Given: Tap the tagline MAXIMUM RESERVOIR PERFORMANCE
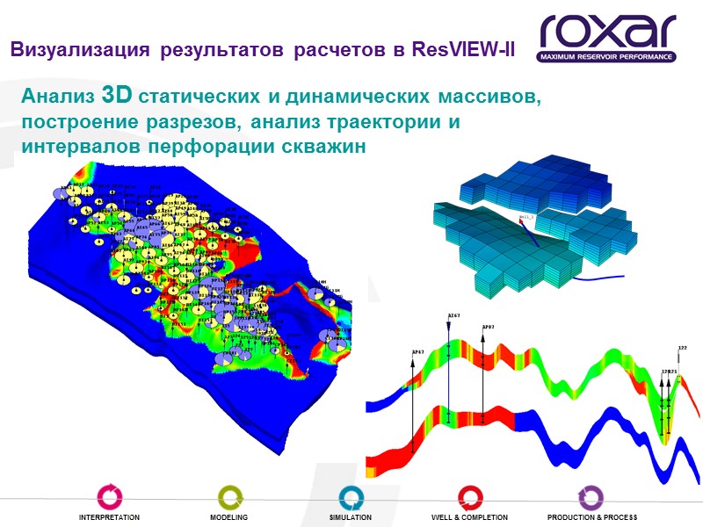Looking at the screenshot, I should point(607,57).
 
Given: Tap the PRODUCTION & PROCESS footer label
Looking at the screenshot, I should point(591,518).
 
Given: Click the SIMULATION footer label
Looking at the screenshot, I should point(350,518).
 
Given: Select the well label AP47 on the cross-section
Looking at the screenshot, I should point(417,351).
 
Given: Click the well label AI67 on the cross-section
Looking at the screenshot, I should point(453,314).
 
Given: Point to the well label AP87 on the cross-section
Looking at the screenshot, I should point(488,328).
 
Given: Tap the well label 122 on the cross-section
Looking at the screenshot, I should point(683,349).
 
